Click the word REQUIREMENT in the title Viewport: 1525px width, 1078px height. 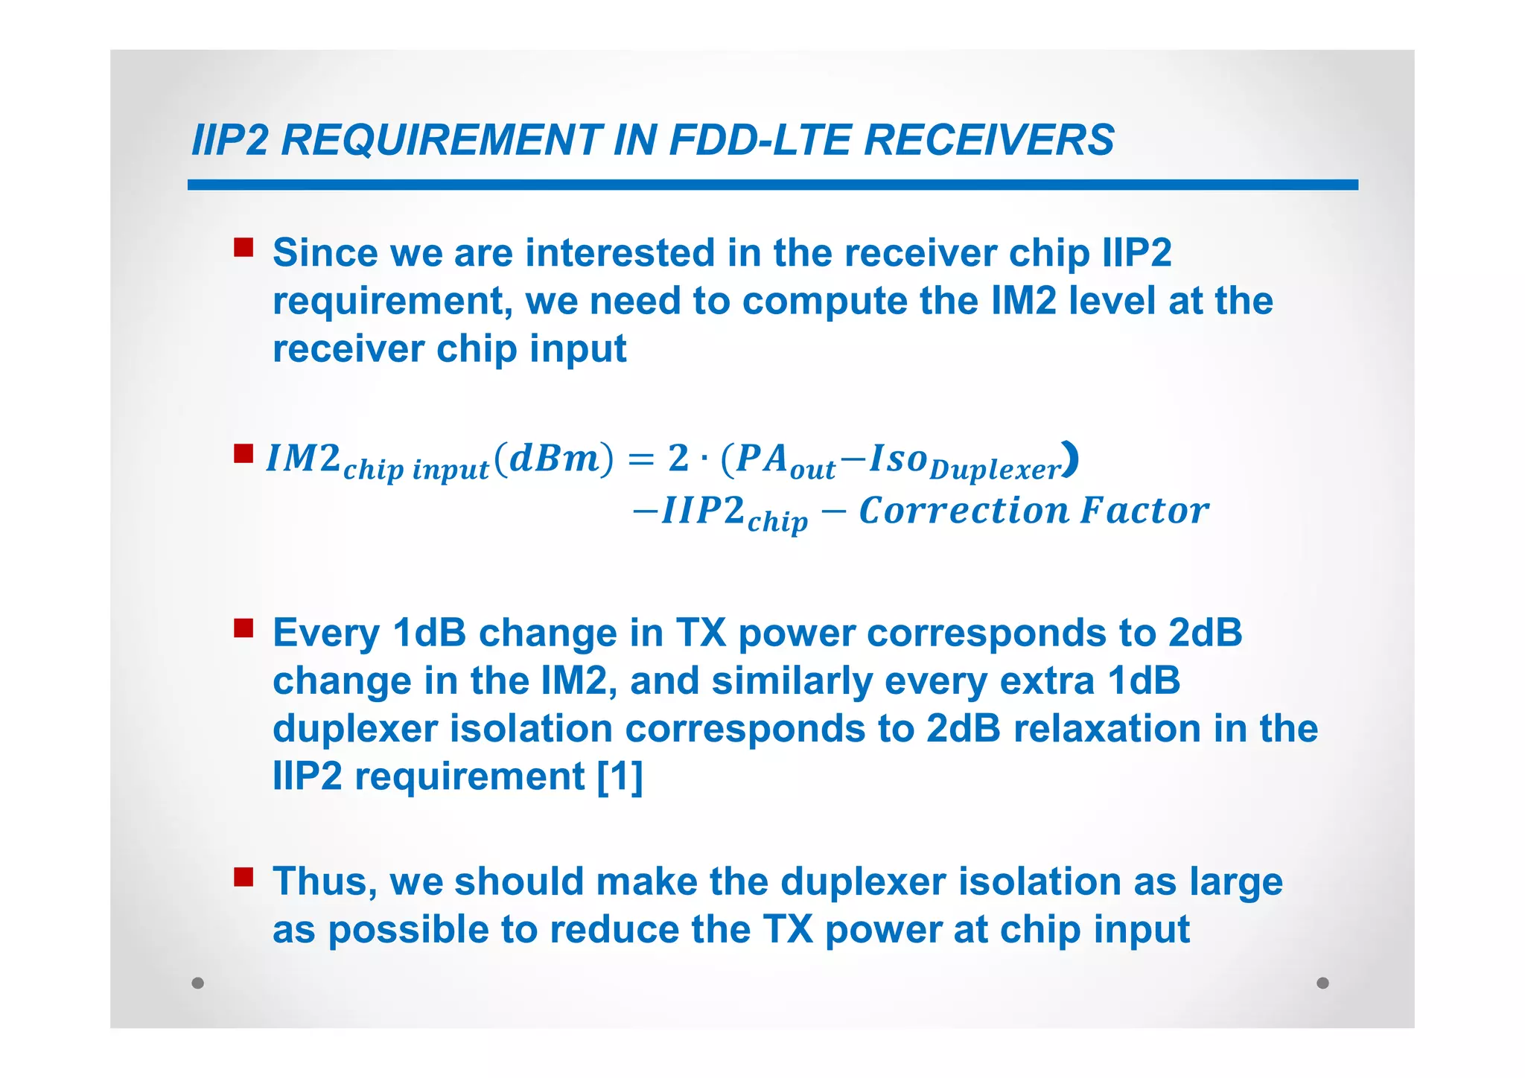tap(442, 140)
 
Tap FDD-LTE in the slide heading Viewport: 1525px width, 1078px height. tap(759, 140)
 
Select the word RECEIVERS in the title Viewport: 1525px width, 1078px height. tap(988, 140)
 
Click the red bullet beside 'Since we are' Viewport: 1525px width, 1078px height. tap(243, 247)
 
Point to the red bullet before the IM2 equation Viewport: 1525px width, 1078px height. tap(243, 453)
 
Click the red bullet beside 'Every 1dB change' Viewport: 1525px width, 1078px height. tap(243, 628)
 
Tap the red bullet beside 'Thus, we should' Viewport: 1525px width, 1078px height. tap(243, 877)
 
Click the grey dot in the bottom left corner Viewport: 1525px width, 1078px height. tap(197, 983)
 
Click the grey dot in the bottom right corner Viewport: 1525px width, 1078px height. tap(1322, 983)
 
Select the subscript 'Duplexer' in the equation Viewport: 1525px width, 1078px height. tap(995, 471)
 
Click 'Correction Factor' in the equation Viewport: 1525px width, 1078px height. tap(1034, 511)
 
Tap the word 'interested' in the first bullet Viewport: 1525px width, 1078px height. tap(620, 252)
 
